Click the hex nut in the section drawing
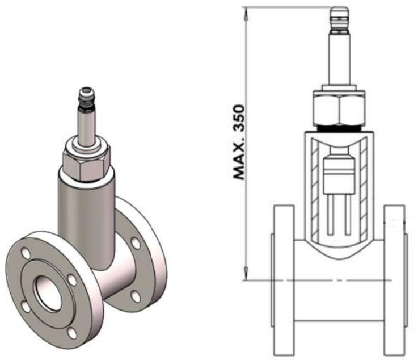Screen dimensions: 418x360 click(339, 108)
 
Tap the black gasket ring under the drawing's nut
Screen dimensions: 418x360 click(339, 128)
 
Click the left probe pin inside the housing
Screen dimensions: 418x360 click(331, 214)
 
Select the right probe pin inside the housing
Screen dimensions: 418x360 click(347, 214)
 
